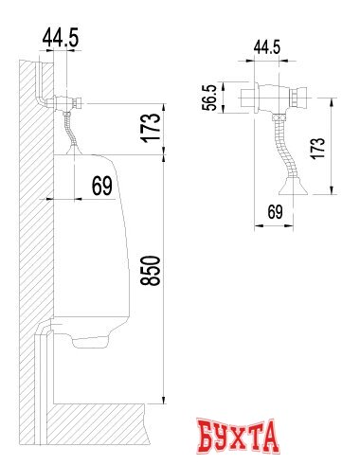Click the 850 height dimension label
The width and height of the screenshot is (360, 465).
151,271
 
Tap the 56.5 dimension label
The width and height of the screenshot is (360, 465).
209,98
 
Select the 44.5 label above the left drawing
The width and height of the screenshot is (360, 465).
61,37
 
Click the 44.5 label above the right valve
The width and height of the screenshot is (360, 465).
267,47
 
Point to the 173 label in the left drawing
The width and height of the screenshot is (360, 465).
152,127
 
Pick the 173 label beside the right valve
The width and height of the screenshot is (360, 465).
318,149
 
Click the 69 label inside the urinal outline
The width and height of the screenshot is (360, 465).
102,186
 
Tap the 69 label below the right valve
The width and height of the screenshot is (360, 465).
275,212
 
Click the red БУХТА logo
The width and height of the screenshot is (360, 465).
237,436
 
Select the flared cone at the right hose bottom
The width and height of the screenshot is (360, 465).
293,187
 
